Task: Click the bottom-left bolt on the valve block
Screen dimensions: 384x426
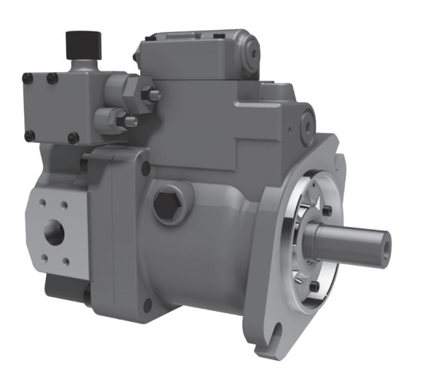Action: tap(29, 135)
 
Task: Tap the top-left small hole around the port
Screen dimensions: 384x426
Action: tap(42, 204)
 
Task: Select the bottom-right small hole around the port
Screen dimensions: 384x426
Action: tap(67, 262)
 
